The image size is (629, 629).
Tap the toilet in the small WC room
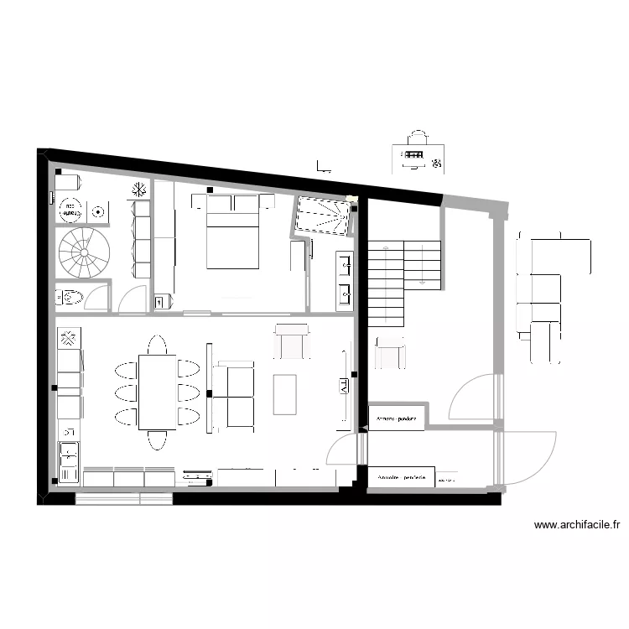click(70, 297)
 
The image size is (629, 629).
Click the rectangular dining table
click(157, 392)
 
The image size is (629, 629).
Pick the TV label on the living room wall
click(345, 386)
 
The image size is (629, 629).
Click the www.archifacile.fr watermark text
click(577, 526)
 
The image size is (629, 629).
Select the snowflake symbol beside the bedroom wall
click(139, 190)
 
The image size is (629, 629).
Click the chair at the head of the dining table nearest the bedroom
click(157, 345)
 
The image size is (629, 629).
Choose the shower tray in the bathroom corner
click(321, 216)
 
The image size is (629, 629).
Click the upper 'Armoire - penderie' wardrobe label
click(396, 417)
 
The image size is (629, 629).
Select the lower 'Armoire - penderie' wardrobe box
click(401, 476)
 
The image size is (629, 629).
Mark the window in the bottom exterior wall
click(123, 498)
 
